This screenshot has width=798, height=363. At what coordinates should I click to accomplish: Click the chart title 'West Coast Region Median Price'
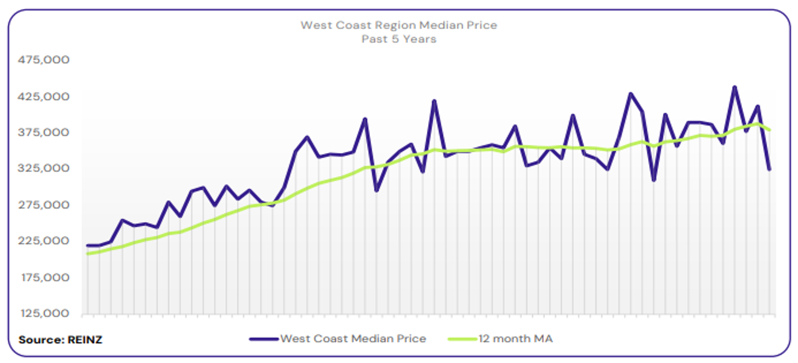tap(398, 25)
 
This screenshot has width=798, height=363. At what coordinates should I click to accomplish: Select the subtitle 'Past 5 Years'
tap(398, 39)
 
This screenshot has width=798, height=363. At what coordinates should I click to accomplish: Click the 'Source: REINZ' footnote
tap(60, 340)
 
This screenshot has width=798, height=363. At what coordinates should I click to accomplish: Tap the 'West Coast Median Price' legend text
tap(353, 339)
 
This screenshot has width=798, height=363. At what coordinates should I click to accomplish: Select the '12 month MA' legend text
tap(515, 339)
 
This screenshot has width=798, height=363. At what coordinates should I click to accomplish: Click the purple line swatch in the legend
tap(264, 339)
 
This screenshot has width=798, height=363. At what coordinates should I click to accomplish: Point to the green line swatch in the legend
tap(462, 339)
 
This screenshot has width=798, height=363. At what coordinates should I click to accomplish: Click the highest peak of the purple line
tap(735, 87)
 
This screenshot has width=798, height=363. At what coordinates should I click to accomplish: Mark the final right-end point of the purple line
tap(770, 170)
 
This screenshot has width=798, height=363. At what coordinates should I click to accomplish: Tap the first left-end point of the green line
tap(88, 253)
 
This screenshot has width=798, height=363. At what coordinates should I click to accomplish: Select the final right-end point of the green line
tap(770, 130)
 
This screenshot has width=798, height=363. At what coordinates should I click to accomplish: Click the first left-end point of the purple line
tap(88, 246)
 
